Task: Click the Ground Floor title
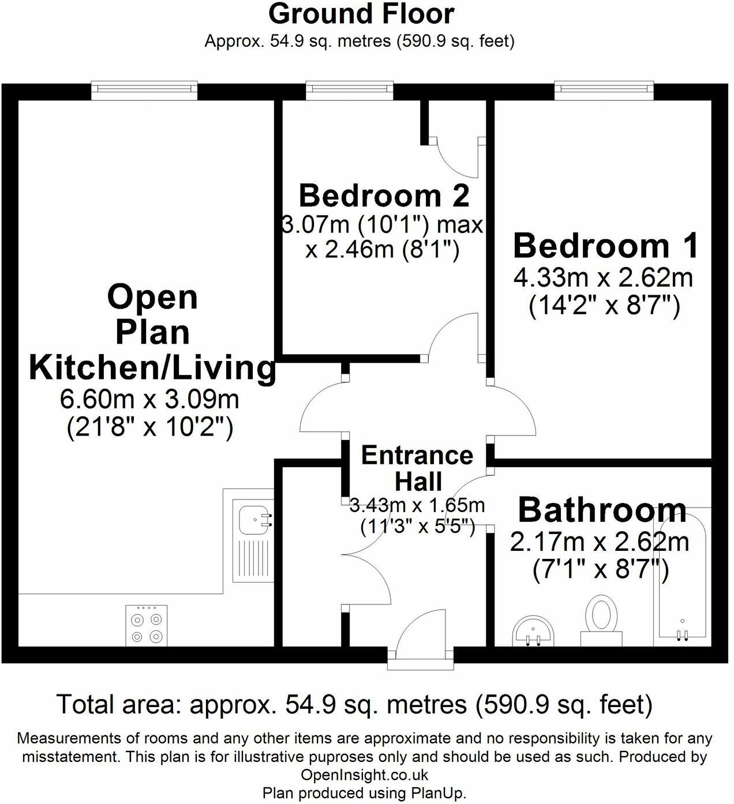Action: (361, 14)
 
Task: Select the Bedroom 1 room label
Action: (605, 245)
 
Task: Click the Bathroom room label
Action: (602, 510)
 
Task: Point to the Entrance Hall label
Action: (417, 468)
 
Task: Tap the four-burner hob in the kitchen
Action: (147, 626)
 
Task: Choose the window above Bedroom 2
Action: (350, 89)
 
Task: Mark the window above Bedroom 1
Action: (604, 89)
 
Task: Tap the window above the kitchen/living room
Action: (144, 89)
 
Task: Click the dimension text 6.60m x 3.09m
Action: (149, 399)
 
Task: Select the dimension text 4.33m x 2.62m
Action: (603, 279)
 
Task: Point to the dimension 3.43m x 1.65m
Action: (417, 506)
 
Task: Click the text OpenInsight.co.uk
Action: (365, 775)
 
